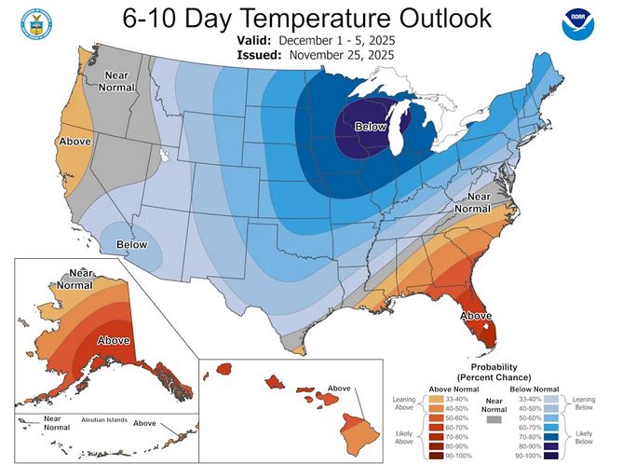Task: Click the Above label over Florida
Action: point(477,316)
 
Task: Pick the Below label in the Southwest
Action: point(131,246)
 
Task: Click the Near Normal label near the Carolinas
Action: point(479,202)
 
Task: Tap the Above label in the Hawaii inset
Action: point(339,389)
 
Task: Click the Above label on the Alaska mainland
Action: point(114,340)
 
